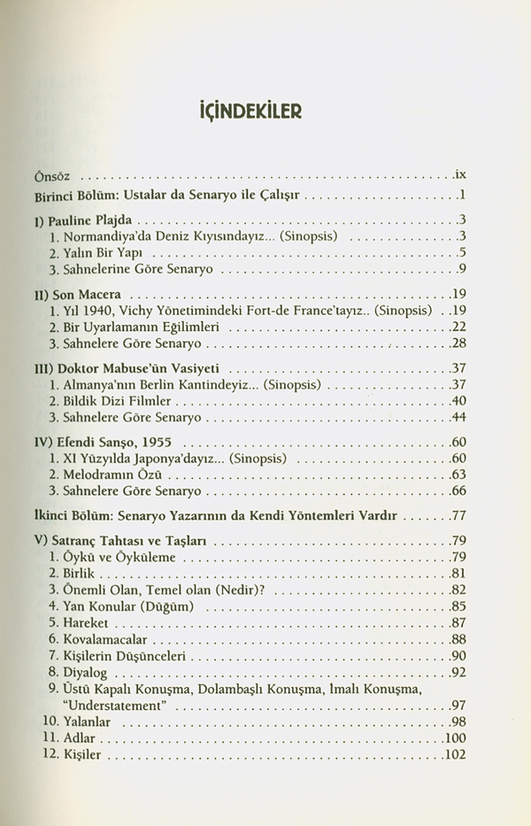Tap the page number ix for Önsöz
point(459,176)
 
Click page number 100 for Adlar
point(455,739)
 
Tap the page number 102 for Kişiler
point(455,756)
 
